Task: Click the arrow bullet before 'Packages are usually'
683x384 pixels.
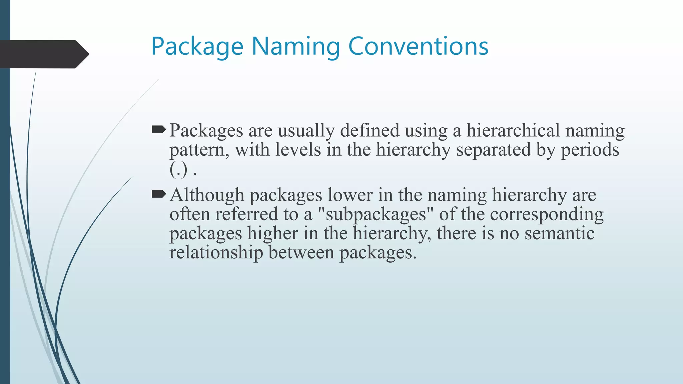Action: pyautogui.click(x=158, y=130)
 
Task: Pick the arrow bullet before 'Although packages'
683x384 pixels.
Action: pyautogui.click(x=158, y=194)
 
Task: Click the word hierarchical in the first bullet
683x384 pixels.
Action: pyautogui.click(x=513, y=130)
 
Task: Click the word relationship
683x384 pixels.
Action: pyautogui.click(x=216, y=252)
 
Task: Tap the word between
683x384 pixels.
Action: pyautogui.click(x=301, y=252)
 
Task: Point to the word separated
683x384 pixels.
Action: pyautogui.click(x=493, y=150)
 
